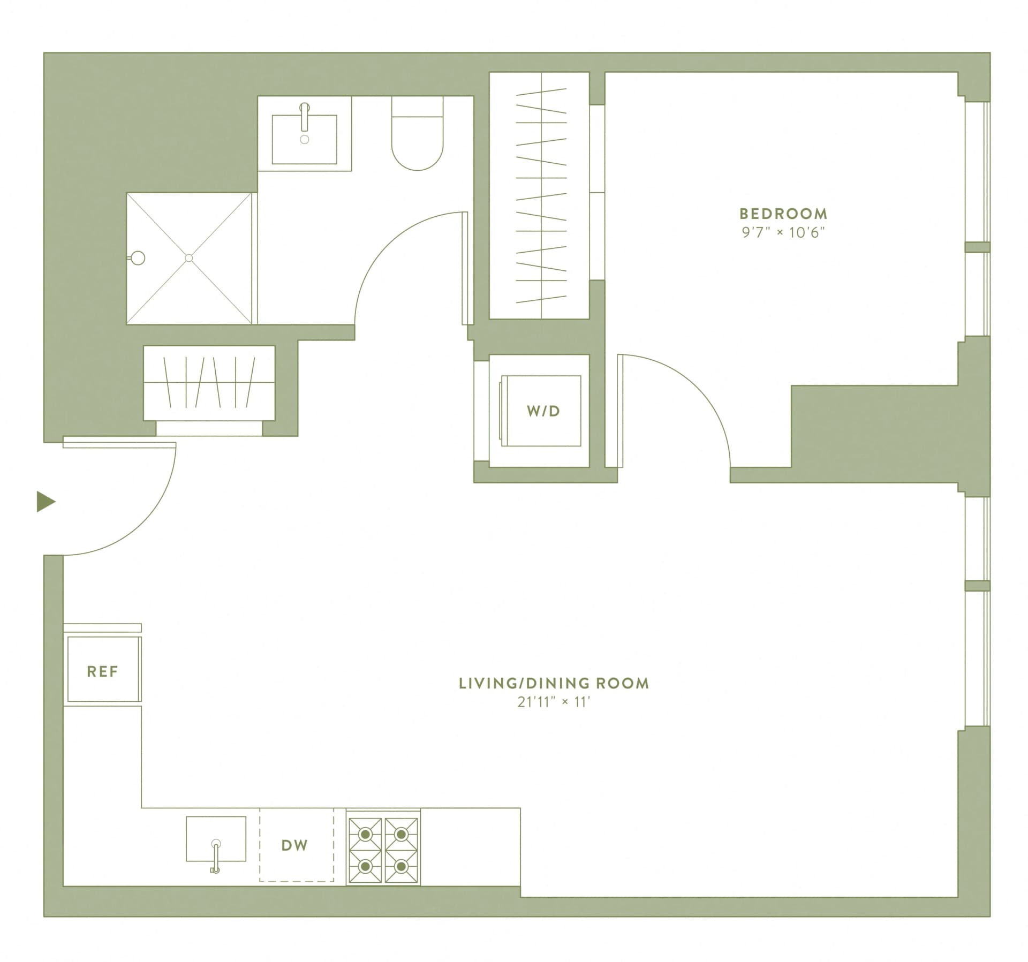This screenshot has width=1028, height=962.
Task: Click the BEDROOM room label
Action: (x=783, y=214)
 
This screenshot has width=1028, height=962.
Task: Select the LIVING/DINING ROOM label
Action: (x=554, y=684)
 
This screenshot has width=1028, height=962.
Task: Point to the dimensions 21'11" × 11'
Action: (x=554, y=702)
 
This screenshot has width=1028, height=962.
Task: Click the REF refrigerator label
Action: (x=102, y=671)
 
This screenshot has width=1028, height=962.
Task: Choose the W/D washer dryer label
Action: (x=543, y=411)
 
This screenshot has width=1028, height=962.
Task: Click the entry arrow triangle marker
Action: (x=46, y=502)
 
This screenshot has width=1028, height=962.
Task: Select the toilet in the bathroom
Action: (x=418, y=135)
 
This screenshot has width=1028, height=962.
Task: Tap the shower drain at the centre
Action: (x=188, y=258)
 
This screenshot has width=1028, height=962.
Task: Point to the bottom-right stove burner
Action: (x=401, y=866)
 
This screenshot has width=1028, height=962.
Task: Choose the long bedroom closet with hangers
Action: (x=541, y=195)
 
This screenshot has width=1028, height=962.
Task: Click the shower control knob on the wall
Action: (x=138, y=258)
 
